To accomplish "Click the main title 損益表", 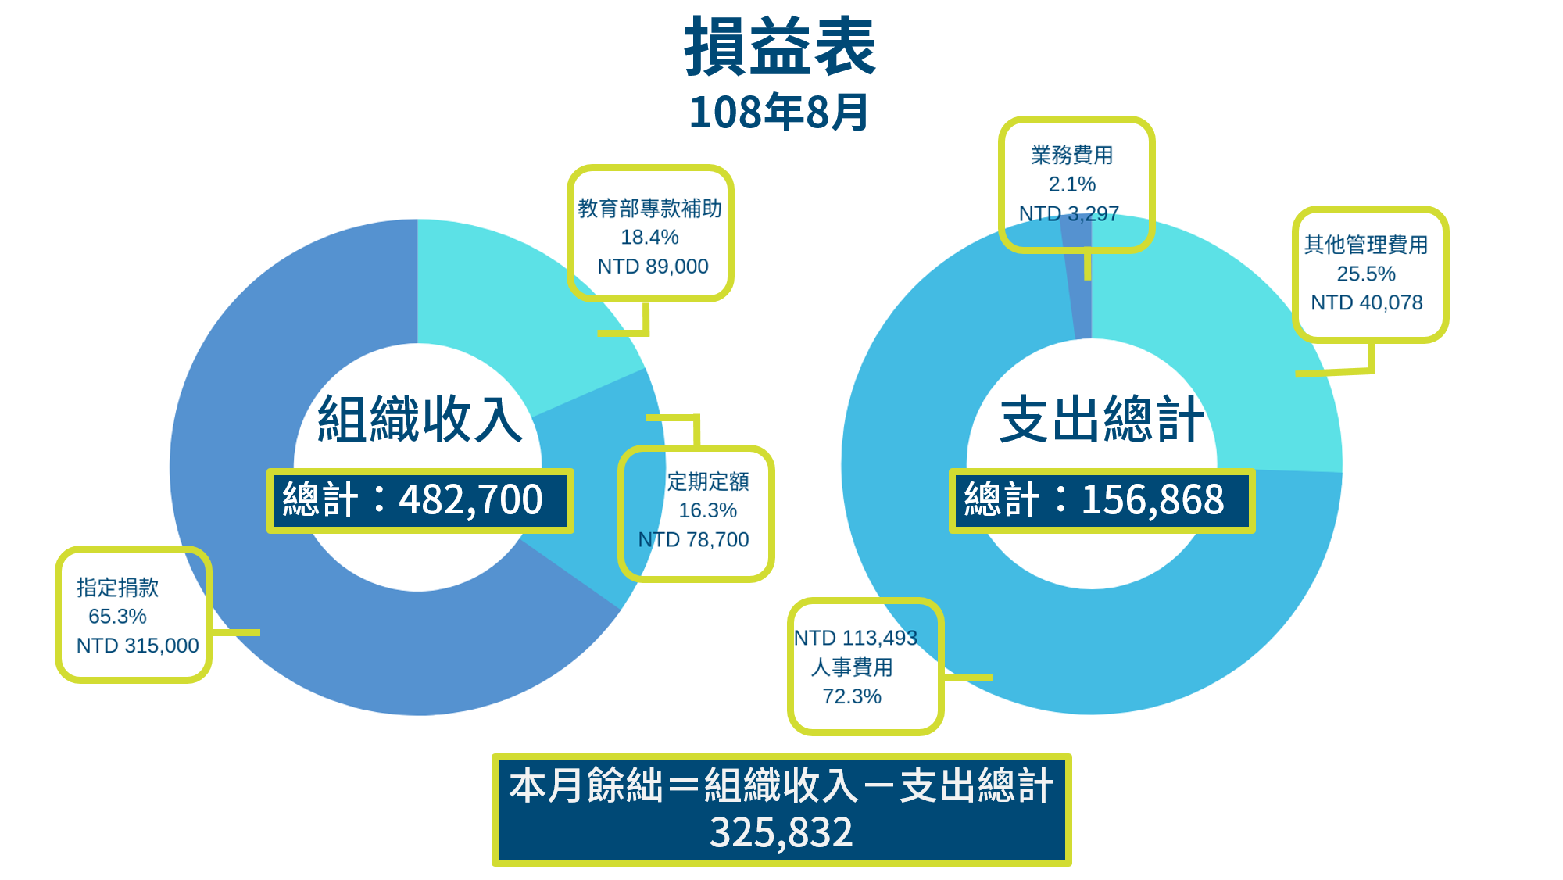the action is pyautogui.click(x=780, y=47).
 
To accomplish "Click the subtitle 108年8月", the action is pyautogui.click(x=779, y=112).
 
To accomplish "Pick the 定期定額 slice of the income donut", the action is pyautogui.click(x=598, y=485).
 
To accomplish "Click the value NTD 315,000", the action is pyautogui.click(x=138, y=646).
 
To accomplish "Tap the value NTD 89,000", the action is pyautogui.click(x=653, y=267).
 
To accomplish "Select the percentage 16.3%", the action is pyautogui.click(x=707, y=510).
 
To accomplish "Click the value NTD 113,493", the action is pyautogui.click(x=856, y=638).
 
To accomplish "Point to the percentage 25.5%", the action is pyautogui.click(x=1366, y=274).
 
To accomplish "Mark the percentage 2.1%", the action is pyautogui.click(x=1072, y=184).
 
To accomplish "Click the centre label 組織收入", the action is pyautogui.click(x=420, y=419).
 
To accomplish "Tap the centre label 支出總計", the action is pyautogui.click(x=1102, y=419).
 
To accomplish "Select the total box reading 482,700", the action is pyautogui.click(x=420, y=501).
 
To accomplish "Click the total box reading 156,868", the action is pyautogui.click(x=1102, y=501).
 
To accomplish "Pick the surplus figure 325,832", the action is pyautogui.click(x=781, y=832).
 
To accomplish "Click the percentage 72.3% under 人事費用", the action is pyautogui.click(x=852, y=696).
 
